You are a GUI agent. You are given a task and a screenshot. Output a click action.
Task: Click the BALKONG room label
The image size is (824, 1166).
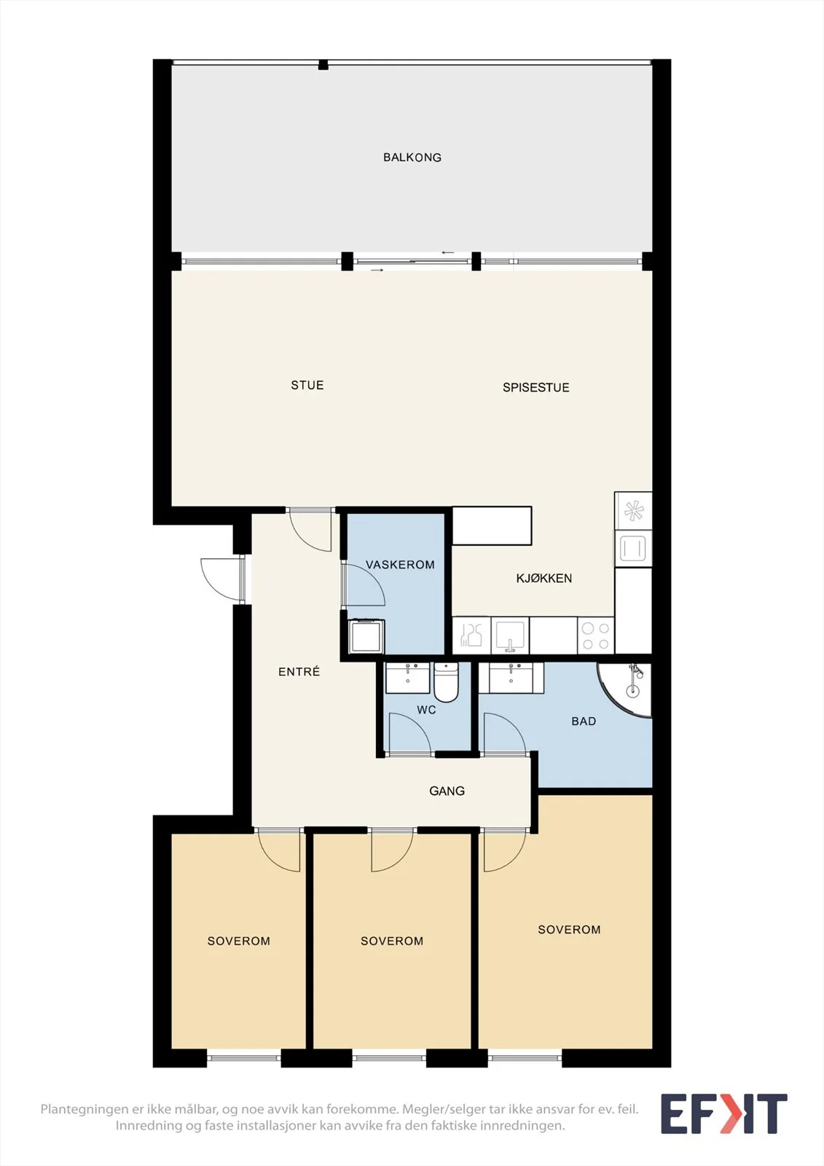412,157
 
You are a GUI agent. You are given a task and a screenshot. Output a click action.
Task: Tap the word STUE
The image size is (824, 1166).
307,386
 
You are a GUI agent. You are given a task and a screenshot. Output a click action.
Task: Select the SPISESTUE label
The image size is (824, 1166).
535,387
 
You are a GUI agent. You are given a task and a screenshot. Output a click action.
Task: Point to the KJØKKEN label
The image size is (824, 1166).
544,578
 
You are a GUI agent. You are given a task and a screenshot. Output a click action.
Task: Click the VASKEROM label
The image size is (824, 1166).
400,564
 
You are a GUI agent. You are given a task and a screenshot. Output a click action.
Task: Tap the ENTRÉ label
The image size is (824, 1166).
299,671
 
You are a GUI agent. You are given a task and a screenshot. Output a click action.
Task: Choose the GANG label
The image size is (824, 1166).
447,791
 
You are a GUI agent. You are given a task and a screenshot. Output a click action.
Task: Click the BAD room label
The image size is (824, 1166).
584,721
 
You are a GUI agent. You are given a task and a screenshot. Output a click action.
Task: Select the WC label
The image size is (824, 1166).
426,710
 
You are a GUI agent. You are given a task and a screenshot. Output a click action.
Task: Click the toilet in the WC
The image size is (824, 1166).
446,681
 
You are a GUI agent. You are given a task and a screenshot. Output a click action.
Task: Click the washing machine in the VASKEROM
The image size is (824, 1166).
367,635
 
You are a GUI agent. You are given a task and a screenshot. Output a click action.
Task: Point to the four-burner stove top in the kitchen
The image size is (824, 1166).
595,635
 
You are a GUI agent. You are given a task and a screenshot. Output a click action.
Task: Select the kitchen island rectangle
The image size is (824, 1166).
492,525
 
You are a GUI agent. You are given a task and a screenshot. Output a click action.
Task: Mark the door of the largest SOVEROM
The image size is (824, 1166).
504,849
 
